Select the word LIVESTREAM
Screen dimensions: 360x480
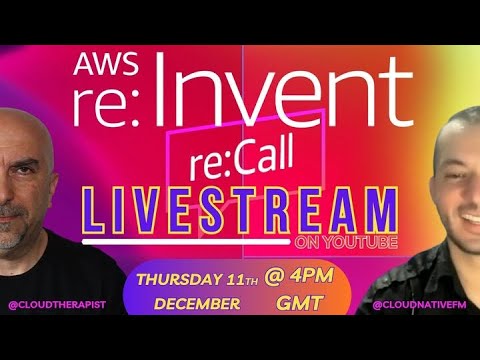pyautogui.click(x=237, y=212)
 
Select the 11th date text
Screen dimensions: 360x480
pyautogui.click(x=244, y=276)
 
